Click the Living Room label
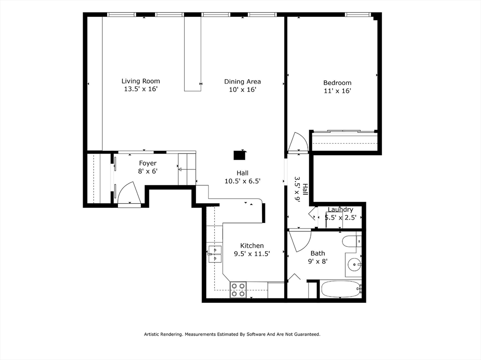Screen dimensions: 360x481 point(140,81)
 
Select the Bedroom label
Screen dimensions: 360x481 point(337,83)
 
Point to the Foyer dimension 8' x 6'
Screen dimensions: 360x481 point(147,171)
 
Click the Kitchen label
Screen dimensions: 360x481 point(252,245)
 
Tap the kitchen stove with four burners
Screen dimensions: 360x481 point(238,290)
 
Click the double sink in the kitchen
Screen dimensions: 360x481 point(214,254)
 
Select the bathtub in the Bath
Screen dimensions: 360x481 point(341,289)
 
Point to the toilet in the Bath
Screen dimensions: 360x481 point(351,242)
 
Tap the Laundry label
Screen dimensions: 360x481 point(340,210)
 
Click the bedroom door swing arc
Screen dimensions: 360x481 point(298,143)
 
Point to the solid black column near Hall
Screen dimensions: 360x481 point(240,155)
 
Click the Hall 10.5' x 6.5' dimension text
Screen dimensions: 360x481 point(242,181)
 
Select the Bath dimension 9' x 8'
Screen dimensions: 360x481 point(318,261)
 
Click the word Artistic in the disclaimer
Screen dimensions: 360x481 point(153,334)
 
